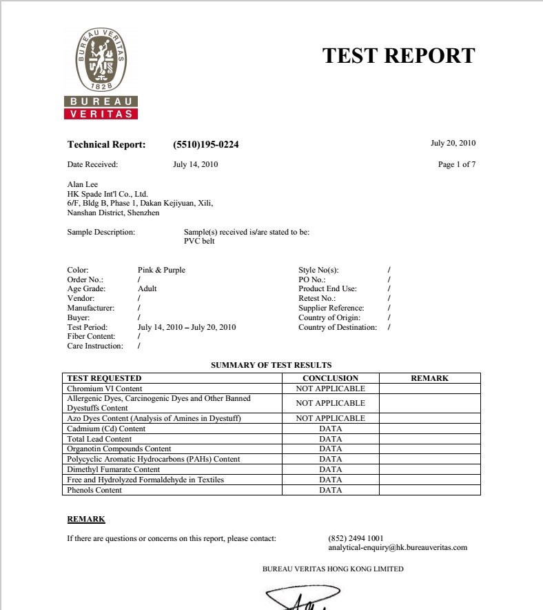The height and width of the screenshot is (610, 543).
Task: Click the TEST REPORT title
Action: (398, 55)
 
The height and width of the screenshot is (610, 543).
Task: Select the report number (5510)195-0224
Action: (206, 145)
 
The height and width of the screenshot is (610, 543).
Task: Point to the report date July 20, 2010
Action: (453, 144)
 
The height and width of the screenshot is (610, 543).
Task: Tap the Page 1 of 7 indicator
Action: (456, 164)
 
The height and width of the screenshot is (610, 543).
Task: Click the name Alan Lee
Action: (82, 185)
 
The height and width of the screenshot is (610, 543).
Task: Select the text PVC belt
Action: (199, 242)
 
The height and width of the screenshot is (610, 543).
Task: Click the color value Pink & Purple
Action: (161, 270)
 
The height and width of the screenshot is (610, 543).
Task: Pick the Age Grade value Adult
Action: (147, 288)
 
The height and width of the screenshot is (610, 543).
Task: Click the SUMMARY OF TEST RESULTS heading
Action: (271, 365)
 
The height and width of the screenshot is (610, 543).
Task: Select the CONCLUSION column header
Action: (330, 378)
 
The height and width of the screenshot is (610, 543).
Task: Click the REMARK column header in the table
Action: (429, 378)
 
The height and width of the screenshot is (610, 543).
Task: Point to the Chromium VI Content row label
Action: (104, 388)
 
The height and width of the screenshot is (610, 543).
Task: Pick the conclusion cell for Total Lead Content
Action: (330, 439)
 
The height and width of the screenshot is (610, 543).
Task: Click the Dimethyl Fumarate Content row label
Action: (113, 469)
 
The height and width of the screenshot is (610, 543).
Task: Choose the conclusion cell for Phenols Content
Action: (330, 490)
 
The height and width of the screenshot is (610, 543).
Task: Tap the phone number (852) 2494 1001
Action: (356, 538)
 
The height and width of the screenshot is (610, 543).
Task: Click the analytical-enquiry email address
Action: (398, 547)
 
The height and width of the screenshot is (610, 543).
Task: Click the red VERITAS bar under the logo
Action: (101, 114)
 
